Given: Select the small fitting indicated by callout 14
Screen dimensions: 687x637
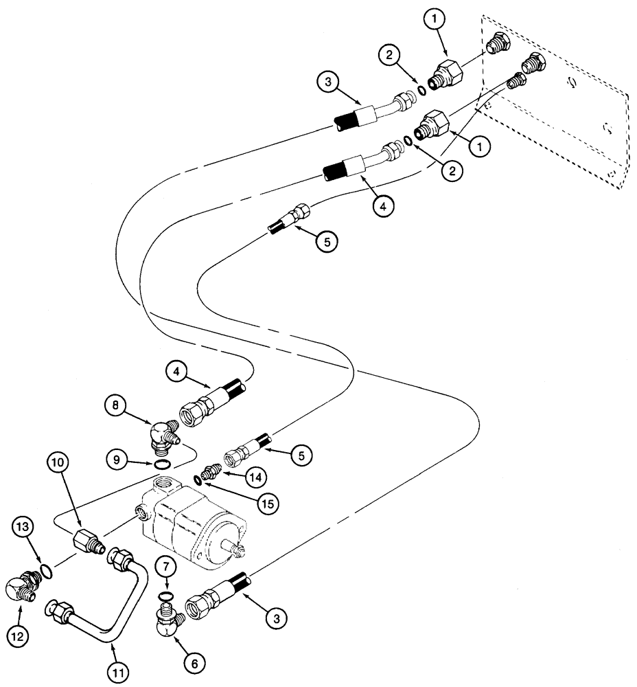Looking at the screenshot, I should pyautogui.click(x=210, y=475).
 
